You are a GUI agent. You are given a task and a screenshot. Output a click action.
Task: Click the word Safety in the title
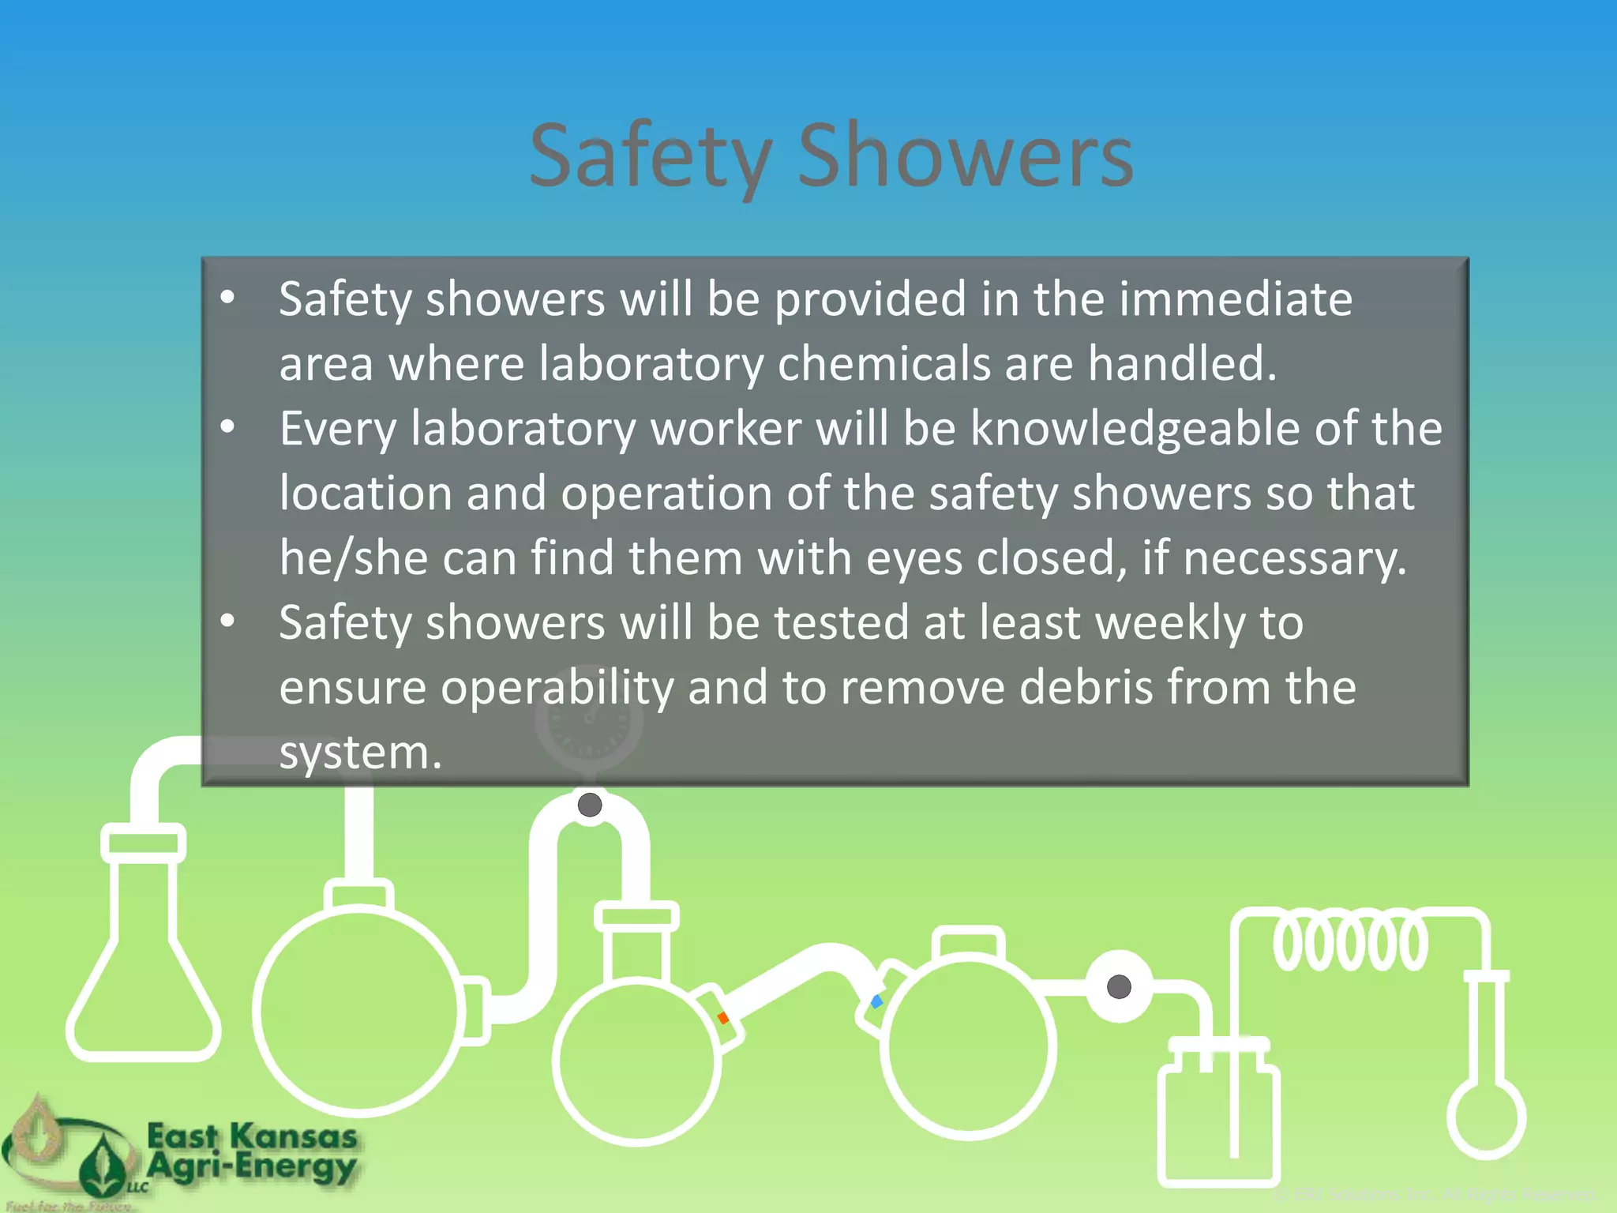pos(650,156)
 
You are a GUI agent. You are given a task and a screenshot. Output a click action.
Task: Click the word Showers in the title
pos(965,156)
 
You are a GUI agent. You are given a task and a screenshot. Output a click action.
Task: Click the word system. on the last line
pos(360,752)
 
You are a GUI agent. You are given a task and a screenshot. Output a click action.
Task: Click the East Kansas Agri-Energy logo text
pos(252,1152)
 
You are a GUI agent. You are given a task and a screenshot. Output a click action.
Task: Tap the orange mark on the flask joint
pos(723,1017)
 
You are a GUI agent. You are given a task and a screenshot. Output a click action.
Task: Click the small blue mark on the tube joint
pos(876,1001)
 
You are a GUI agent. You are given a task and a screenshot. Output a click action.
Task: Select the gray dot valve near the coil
pos(1119,986)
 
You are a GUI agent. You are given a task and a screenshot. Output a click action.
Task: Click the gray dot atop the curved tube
pos(590,805)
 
